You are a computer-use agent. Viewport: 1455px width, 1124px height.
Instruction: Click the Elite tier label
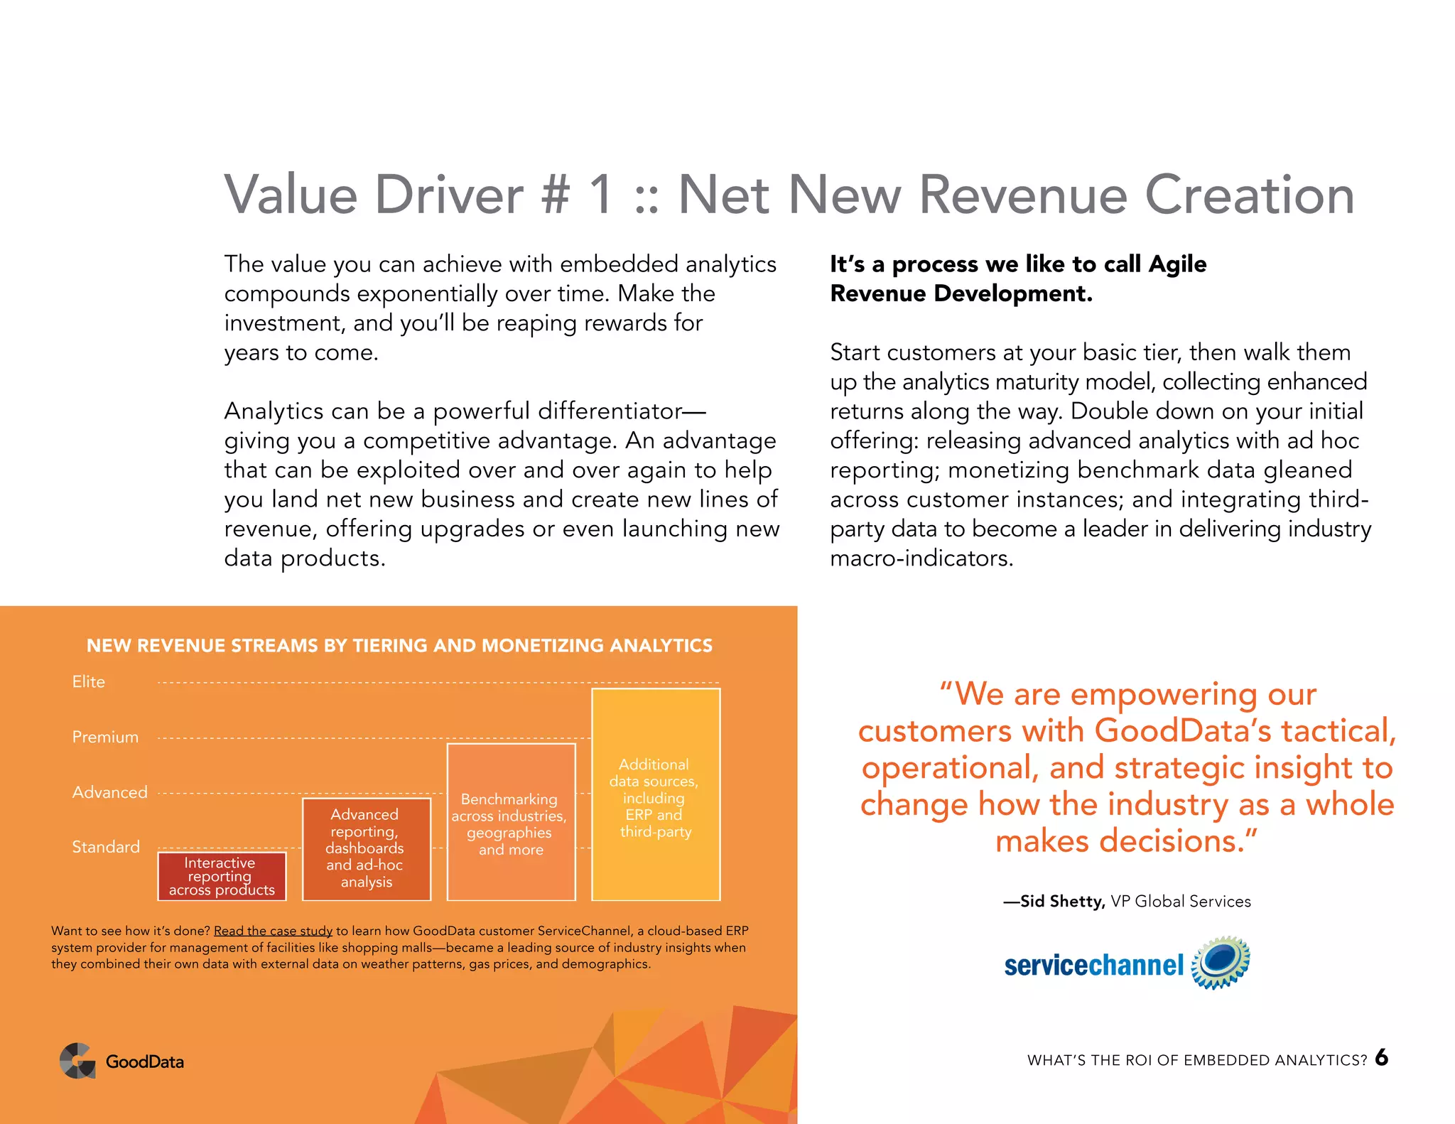88,682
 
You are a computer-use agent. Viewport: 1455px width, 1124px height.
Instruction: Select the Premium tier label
105,737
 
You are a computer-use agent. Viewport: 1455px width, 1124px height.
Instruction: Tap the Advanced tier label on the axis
109,792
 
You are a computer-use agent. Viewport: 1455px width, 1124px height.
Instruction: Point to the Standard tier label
106,847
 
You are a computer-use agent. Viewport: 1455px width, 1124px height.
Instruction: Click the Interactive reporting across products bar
222,876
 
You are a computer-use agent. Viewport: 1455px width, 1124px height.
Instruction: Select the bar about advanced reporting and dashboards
366,848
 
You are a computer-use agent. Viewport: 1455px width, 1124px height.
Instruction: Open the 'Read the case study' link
273,931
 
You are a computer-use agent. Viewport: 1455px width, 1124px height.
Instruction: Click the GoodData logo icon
77,1061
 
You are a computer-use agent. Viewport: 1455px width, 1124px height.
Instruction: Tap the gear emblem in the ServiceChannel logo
1220,962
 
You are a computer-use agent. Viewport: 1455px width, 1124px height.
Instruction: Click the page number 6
1381,1057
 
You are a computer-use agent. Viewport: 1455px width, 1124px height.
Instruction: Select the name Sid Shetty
1062,902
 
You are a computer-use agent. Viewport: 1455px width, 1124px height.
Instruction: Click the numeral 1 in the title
601,195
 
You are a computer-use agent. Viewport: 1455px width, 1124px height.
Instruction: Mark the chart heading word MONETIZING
543,646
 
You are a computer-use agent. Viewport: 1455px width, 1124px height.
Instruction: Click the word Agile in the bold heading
1177,264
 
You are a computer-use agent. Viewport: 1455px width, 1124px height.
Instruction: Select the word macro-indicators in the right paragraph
921,558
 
